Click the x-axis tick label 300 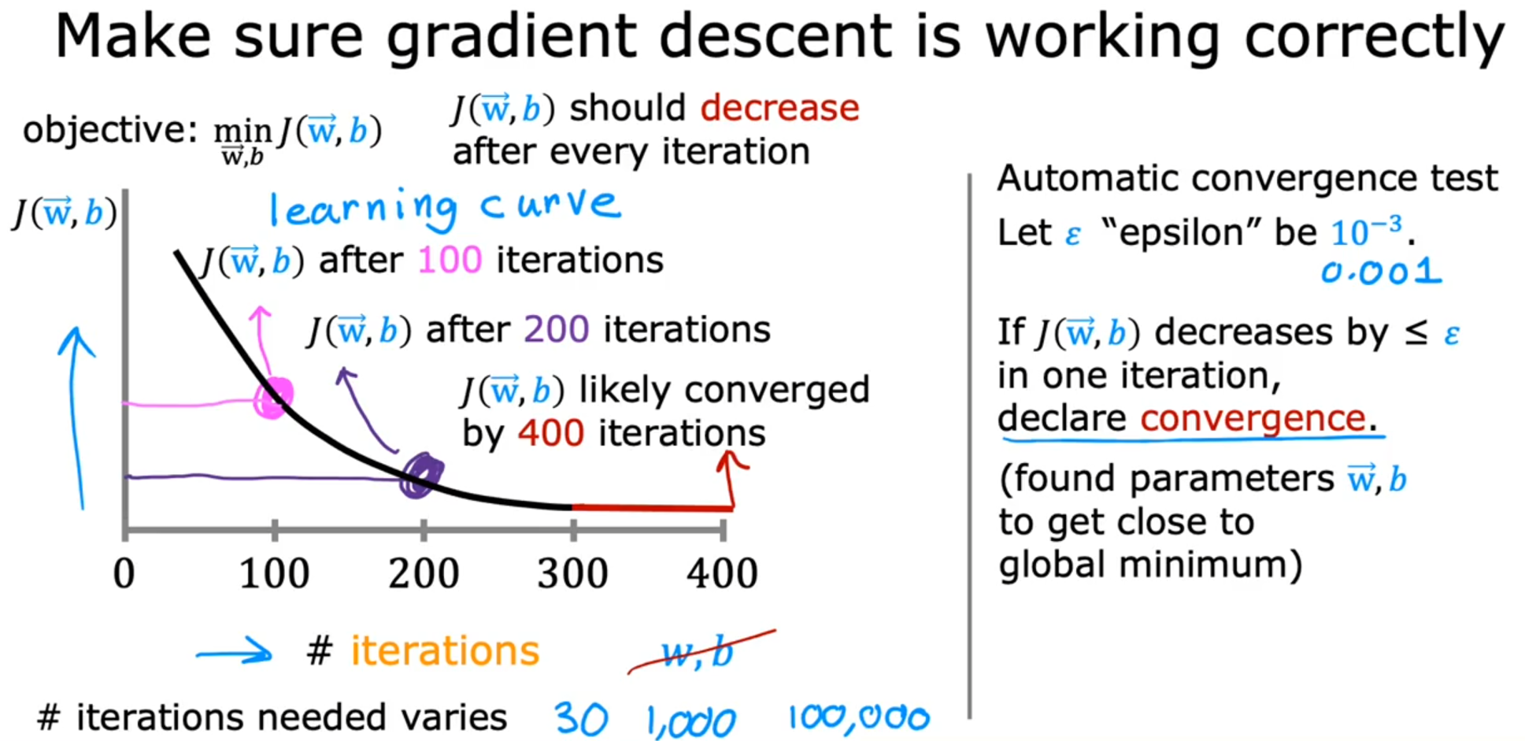[x=572, y=573]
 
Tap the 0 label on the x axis [x=124, y=573]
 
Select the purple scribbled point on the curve [x=421, y=476]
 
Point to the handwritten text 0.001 [x=1382, y=272]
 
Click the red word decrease [x=779, y=108]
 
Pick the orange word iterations [x=445, y=651]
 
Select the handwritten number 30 [x=581, y=718]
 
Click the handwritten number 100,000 [x=859, y=717]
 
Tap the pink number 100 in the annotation [x=450, y=260]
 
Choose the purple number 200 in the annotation [x=556, y=329]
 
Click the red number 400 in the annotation [x=551, y=433]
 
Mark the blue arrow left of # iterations [x=234, y=651]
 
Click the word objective [x=110, y=130]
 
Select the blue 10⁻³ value [x=1368, y=231]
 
